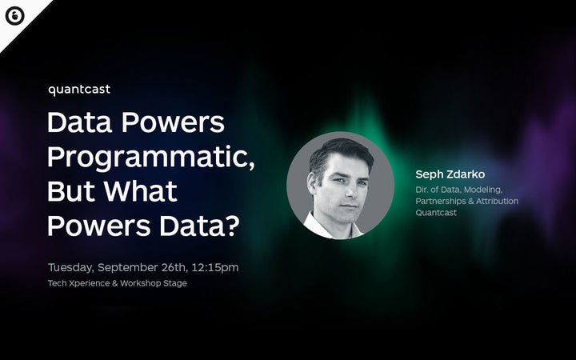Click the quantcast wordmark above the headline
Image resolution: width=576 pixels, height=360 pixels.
79,90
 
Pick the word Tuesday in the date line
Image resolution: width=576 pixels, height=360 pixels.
73,267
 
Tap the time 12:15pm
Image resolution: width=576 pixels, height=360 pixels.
215,267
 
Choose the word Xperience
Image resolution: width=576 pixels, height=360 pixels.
92,284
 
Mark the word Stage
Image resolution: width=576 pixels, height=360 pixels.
175,284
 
